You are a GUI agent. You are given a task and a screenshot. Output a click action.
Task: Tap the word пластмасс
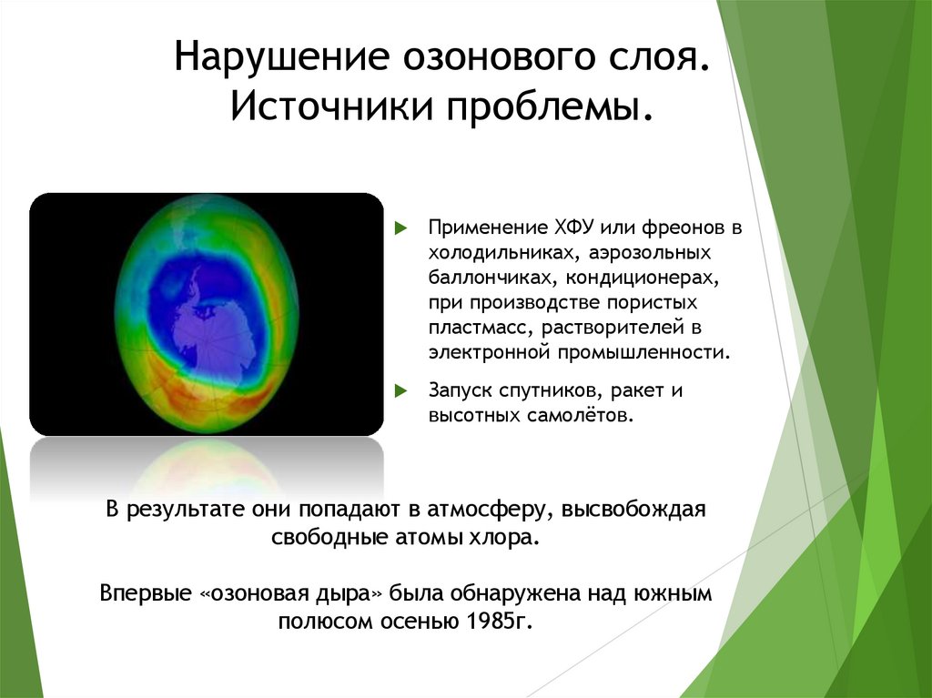469,326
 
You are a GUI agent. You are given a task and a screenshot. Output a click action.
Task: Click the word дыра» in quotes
353,595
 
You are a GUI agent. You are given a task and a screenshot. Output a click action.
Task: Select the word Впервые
146,595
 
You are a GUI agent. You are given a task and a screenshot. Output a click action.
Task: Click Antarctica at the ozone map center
209,319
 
